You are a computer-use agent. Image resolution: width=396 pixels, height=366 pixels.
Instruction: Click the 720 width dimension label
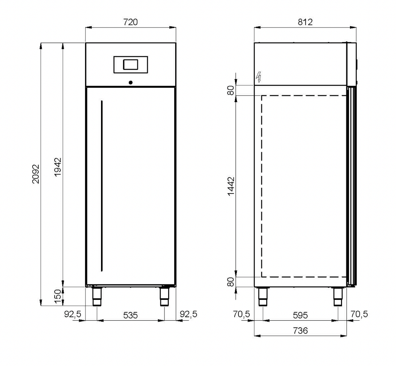[130, 22]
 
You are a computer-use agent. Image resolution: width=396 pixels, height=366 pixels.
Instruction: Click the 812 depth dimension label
[305, 22]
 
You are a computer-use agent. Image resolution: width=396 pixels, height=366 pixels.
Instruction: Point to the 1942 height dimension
[58, 167]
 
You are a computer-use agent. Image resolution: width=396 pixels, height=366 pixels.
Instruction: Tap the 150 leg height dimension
[58, 296]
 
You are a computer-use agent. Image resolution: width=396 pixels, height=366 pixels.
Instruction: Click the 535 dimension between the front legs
[130, 315]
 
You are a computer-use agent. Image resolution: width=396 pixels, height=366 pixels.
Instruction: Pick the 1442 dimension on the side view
[231, 186]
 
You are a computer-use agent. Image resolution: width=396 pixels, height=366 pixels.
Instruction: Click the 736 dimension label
[300, 330]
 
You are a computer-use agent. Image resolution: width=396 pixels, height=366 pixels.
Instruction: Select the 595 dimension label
[300, 315]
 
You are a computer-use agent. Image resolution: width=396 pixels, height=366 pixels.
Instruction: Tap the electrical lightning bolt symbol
[258, 77]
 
